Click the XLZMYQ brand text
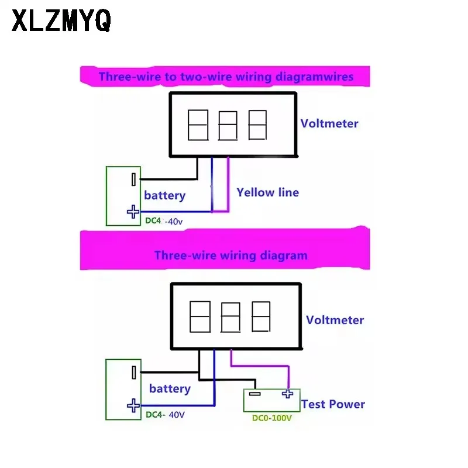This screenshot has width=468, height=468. (61, 20)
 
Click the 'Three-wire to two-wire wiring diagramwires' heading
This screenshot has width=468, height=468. (226, 77)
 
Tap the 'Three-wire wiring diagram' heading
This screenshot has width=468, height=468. (230, 256)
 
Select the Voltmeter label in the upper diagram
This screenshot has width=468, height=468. (329, 123)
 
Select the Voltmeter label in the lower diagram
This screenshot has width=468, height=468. (335, 320)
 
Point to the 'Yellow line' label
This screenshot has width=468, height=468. (268, 192)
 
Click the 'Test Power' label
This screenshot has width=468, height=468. (333, 404)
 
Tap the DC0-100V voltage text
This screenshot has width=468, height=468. (272, 418)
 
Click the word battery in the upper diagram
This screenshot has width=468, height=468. (165, 196)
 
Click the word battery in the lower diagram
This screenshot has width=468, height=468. (170, 388)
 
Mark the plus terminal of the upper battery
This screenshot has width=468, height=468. (133, 212)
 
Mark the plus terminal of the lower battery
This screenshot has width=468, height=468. (133, 405)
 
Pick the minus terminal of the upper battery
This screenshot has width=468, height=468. (133, 180)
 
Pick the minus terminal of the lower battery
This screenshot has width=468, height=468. (134, 373)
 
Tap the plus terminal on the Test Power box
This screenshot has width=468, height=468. (287, 394)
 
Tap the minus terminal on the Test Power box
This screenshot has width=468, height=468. (254, 394)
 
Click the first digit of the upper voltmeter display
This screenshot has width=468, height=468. (198, 125)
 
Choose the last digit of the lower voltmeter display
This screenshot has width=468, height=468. (261, 316)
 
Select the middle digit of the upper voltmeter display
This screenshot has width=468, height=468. (228, 126)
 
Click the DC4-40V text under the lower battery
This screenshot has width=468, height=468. (165, 415)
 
